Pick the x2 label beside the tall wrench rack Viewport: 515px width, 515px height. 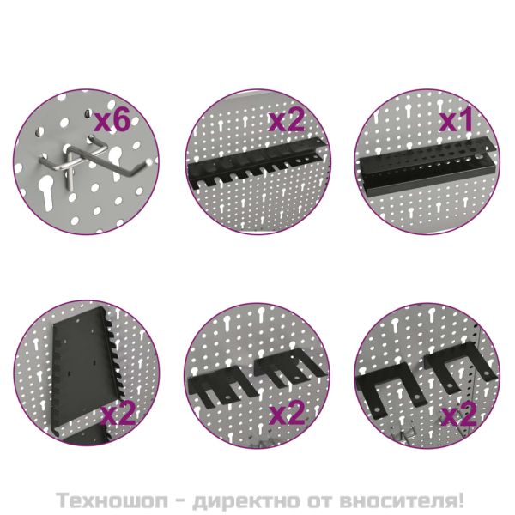point(119,415)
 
